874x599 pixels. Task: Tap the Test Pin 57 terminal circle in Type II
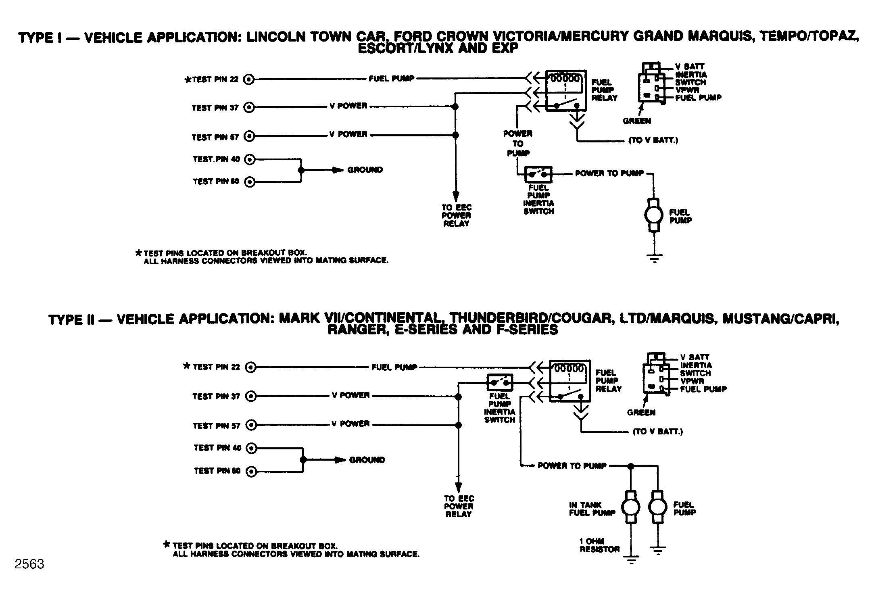coord(251,425)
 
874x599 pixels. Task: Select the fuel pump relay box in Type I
coord(566,91)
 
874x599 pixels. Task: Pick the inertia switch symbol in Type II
coord(500,382)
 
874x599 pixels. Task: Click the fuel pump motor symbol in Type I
coord(654,215)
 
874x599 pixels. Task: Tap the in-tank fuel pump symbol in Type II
coord(631,507)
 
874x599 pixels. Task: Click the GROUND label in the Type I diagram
coord(365,170)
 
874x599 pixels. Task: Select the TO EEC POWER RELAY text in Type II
coord(459,506)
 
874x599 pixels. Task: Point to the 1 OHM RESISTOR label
coord(599,545)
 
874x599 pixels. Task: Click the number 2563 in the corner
coord(29,564)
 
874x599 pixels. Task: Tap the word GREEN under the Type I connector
coord(637,121)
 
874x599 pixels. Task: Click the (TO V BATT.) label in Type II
coord(658,432)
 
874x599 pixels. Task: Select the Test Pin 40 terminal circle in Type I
coord(250,160)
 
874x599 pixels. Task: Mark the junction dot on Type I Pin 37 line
coord(455,107)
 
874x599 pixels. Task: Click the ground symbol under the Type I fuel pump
coord(654,258)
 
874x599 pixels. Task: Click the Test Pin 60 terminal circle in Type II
coord(251,471)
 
